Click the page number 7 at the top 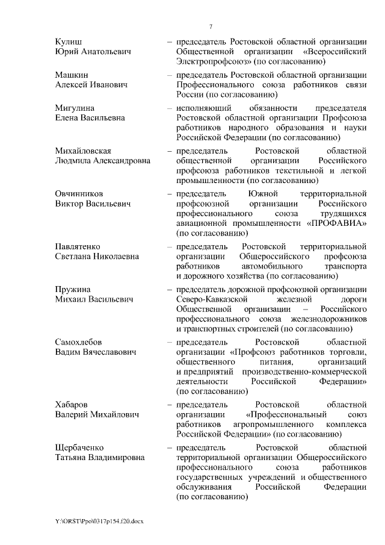click(211, 26)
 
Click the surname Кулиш click(67, 41)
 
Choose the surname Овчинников click(79, 194)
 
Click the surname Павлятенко click(78, 247)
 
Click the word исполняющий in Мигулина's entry click(200, 108)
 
